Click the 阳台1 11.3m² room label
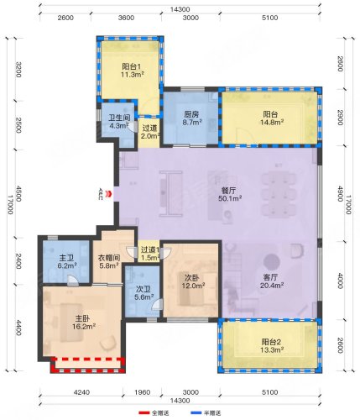pyautogui.click(x=133, y=71)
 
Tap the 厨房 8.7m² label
pyautogui.click(x=191, y=118)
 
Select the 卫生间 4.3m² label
pyautogui.click(x=119, y=122)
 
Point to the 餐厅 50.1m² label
pyautogui.click(x=230, y=195)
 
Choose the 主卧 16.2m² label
pyautogui.click(x=84, y=323)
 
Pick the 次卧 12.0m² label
pyautogui.click(x=193, y=281)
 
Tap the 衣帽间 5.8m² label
pyautogui.click(x=109, y=261)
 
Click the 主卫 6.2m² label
pyautogui.click(x=67, y=261)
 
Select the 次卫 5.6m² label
pyautogui.click(x=143, y=293)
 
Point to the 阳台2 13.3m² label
pyautogui.click(x=272, y=345)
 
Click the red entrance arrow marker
pyautogui.click(x=109, y=194)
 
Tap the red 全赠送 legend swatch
pyautogui.click(x=144, y=412)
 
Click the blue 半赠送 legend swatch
pyautogui.click(x=196, y=412)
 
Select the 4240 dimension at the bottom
pyautogui.click(x=81, y=392)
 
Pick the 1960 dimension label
pyautogui.click(x=142, y=392)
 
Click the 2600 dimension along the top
pyautogui.click(x=65, y=18)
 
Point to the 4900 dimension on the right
pyautogui.click(x=340, y=193)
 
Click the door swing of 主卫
pyautogui.click(x=73, y=281)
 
